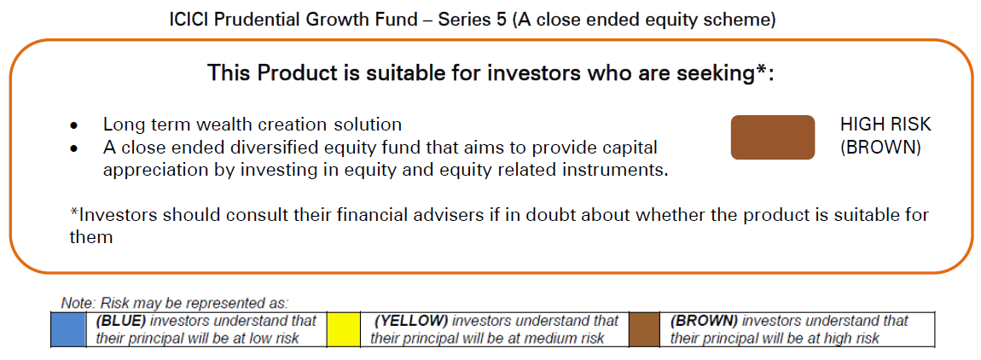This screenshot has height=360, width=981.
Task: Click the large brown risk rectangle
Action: [x=773, y=137]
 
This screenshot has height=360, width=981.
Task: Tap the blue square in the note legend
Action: [x=68, y=329]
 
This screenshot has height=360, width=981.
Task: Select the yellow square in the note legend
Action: [x=344, y=329]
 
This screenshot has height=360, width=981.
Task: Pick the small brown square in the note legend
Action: [x=644, y=329]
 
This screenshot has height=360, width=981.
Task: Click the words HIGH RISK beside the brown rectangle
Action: [x=885, y=125]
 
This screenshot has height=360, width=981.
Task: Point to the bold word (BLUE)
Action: [x=121, y=321]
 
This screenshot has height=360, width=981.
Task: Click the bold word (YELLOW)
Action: [x=411, y=321]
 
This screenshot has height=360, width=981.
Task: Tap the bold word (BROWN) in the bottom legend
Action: [x=704, y=321]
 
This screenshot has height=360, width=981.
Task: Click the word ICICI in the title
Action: [x=189, y=20]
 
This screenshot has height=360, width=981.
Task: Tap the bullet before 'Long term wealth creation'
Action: [x=74, y=126]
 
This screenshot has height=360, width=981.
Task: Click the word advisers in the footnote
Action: [x=457, y=215]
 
